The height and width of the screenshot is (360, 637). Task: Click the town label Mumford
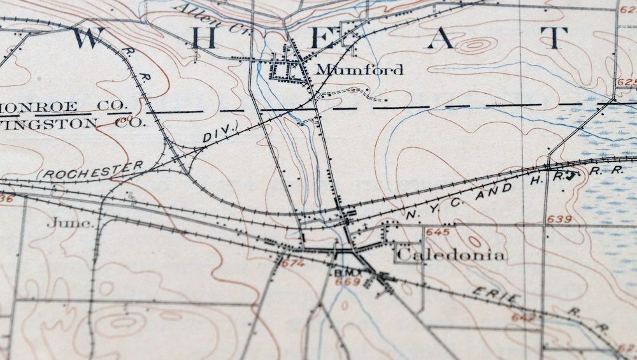pyautogui.click(x=359, y=69)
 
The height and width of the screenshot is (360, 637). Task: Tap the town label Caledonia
pyautogui.click(x=451, y=256)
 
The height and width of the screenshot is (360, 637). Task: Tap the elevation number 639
pyautogui.click(x=558, y=220)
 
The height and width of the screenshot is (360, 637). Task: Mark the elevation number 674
pyautogui.click(x=292, y=263)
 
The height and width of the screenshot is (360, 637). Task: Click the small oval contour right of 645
pyautogui.click(x=475, y=241)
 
